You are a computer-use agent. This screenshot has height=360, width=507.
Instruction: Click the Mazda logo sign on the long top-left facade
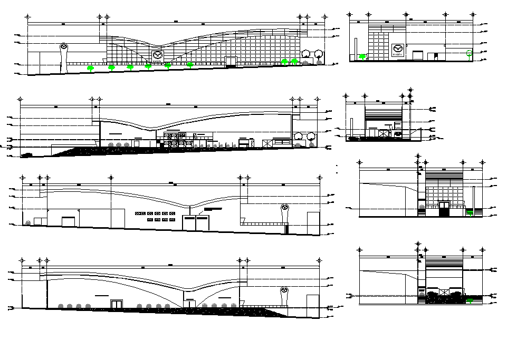[x=157, y=55]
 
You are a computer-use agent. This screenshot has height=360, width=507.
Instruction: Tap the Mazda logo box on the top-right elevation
[x=398, y=50]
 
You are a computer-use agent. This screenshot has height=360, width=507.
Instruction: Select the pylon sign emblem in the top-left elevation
[x=64, y=47]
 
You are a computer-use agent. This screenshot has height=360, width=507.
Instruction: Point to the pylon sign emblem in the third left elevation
[x=285, y=208]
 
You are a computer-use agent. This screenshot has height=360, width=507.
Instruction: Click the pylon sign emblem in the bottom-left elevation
[x=284, y=290]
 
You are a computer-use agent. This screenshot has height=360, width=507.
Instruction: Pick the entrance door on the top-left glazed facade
[x=231, y=62]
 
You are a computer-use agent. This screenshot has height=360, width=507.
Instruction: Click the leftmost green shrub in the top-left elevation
[x=91, y=68]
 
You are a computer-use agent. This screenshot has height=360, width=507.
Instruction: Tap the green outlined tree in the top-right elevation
[x=469, y=52]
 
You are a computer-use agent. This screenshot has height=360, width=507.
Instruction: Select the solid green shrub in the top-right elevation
[x=362, y=56]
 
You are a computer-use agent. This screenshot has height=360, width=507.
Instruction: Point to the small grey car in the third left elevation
[x=27, y=222]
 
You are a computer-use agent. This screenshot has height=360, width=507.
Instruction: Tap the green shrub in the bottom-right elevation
[x=470, y=302]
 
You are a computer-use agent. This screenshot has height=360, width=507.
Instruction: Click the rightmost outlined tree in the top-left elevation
[x=319, y=53]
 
